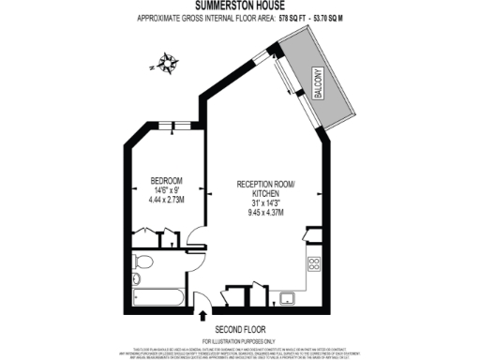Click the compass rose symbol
coord(167,65)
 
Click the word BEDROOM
coord(167,180)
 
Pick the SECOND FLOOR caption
coord(240,329)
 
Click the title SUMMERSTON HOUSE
coord(240,6)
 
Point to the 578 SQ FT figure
coord(292,18)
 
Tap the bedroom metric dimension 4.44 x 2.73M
coord(167,200)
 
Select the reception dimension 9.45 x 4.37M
coord(266,212)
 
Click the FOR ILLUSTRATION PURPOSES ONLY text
coord(240,339)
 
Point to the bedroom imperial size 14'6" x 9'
coord(167,189)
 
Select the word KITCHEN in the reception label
coord(266,192)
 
